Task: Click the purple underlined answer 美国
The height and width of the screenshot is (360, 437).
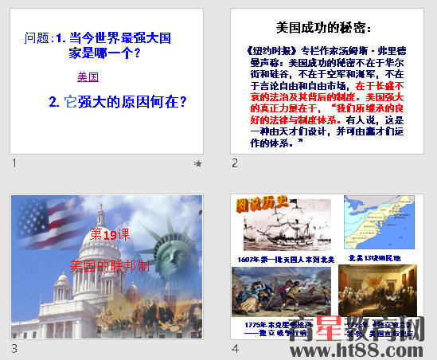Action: tap(88, 77)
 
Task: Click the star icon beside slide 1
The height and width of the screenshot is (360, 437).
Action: tap(197, 164)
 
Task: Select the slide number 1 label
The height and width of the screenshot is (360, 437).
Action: tap(14, 163)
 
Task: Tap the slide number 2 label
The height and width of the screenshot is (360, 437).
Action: tap(235, 163)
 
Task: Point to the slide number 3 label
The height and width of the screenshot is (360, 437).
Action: tap(14, 348)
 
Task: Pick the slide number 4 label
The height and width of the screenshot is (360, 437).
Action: tap(235, 348)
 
